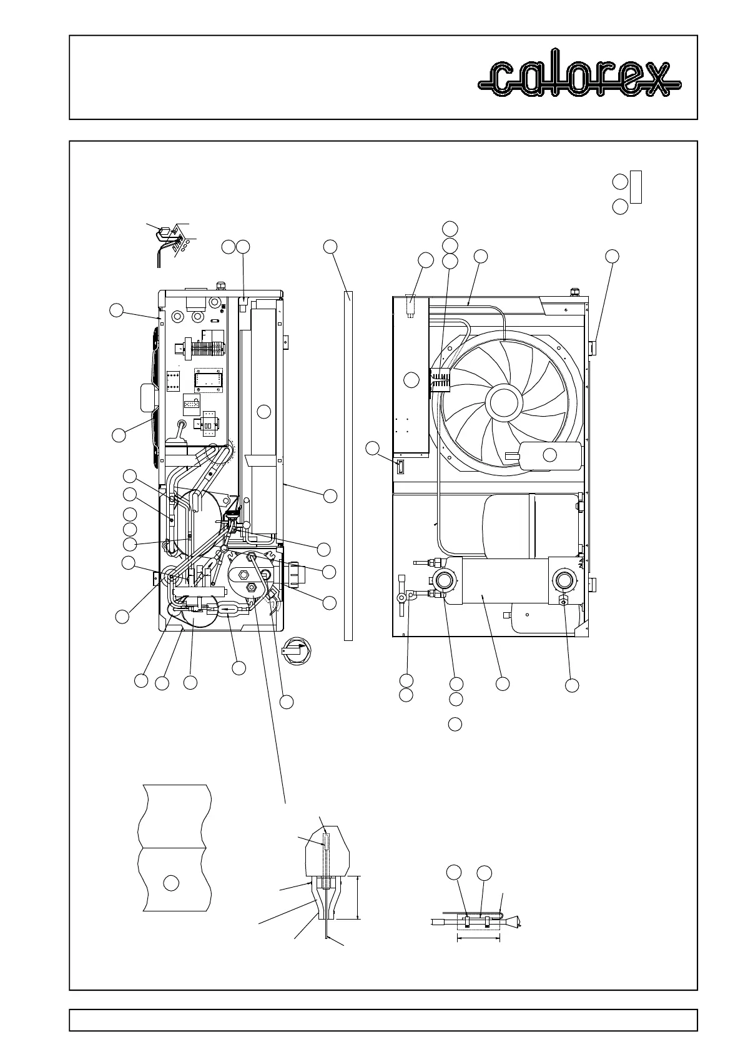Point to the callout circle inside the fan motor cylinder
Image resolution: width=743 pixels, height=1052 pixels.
click(x=549, y=455)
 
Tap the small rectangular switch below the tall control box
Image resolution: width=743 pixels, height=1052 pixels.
click(x=401, y=467)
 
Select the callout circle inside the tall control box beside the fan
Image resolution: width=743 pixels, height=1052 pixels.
click(x=411, y=379)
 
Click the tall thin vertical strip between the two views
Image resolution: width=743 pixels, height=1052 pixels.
click(x=348, y=465)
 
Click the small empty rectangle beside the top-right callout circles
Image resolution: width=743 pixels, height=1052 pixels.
click(x=636, y=186)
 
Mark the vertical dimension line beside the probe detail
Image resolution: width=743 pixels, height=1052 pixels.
click(x=358, y=897)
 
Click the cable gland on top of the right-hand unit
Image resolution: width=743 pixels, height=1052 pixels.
click(x=573, y=291)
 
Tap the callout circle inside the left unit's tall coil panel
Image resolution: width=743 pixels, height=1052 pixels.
click(x=264, y=411)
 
